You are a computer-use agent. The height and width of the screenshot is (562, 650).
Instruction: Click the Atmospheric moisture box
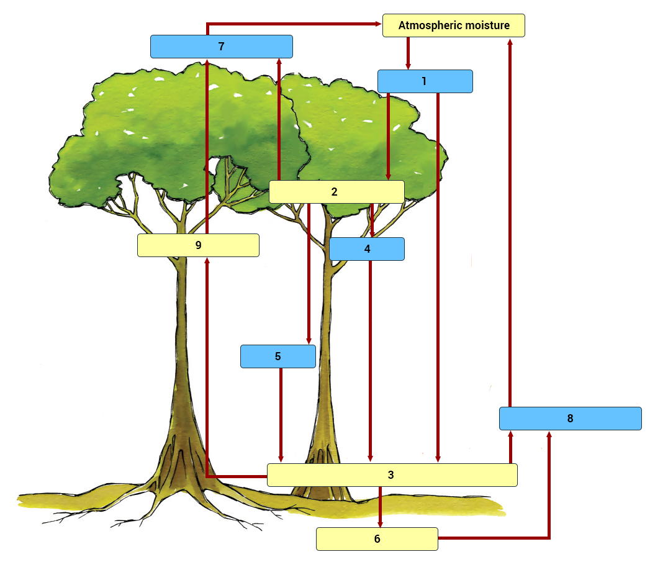[453, 25]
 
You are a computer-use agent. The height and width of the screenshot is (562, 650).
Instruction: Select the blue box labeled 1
[425, 81]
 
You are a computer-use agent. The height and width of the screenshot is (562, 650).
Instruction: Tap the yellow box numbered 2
[336, 192]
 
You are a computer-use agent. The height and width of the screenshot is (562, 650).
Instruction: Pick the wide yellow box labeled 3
[392, 475]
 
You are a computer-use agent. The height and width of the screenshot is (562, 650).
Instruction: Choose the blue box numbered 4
[366, 249]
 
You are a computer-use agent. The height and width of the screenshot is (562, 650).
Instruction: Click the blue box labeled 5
[278, 356]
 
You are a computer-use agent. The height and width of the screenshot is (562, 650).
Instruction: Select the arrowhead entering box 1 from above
[408, 65]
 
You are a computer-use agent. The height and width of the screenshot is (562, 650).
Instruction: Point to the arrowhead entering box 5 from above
[309, 340]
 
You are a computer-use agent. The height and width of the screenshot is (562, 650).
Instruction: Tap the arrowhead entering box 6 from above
[380, 523]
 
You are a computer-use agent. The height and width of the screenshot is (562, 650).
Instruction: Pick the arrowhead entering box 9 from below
[207, 261]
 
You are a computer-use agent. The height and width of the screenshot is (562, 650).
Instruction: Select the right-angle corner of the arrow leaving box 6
[549, 538]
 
